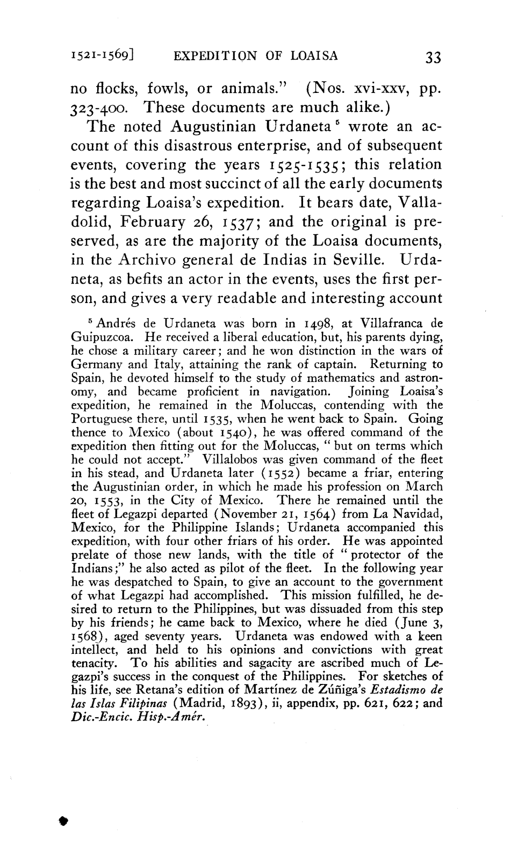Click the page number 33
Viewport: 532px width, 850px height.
tap(432, 56)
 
